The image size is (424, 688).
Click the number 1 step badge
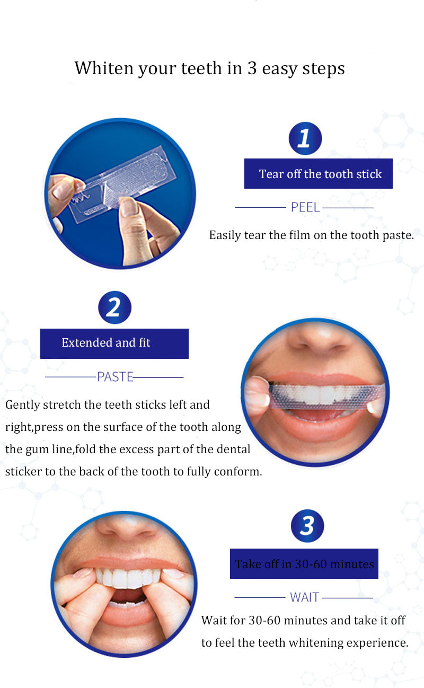click(305, 138)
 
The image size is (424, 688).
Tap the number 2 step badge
click(114, 307)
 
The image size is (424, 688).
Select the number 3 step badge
click(307, 526)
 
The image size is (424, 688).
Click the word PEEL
click(305, 208)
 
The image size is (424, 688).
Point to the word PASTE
click(115, 377)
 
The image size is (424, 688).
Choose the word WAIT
click(305, 597)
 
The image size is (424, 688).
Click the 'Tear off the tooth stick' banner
click(319, 173)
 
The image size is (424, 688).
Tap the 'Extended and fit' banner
click(114, 343)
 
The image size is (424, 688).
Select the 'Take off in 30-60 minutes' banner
click(304, 563)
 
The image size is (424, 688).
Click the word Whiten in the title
click(104, 68)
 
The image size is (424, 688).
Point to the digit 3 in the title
click(252, 68)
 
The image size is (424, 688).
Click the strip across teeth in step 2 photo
click(325, 395)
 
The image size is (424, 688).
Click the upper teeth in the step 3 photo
click(127, 578)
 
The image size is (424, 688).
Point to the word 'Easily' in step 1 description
click(225, 235)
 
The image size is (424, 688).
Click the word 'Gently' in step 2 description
click(22, 405)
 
